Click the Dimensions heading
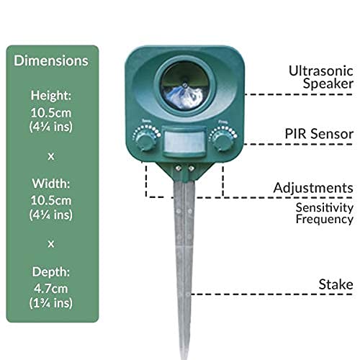click(x=51, y=60)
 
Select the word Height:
click(x=51, y=96)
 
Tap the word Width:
click(x=51, y=184)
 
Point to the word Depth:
click(x=51, y=272)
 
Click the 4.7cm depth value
click(x=51, y=289)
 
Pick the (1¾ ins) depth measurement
click(x=51, y=303)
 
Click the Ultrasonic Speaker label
click(x=321, y=77)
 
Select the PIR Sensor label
click(x=319, y=134)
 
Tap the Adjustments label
click(x=313, y=188)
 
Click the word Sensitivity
click(x=325, y=207)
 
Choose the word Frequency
click(x=325, y=219)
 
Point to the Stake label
click(x=336, y=284)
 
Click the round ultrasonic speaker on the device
click(x=184, y=86)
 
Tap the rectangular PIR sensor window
click(x=184, y=142)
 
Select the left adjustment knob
click(x=145, y=141)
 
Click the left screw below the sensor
click(x=178, y=168)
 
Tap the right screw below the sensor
click(x=191, y=168)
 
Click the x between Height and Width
click(x=51, y=156)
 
